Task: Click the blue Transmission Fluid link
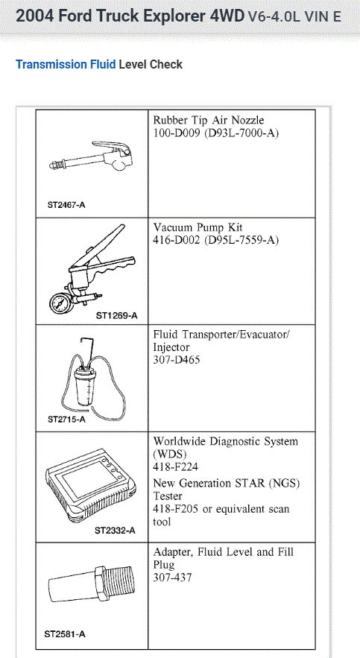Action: [66, 65]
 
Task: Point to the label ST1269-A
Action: [116, 315]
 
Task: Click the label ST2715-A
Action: [66, 419]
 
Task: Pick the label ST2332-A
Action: [115, 531]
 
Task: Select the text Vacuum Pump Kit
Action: [198, 227]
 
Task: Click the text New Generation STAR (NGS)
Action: [226, 483]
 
